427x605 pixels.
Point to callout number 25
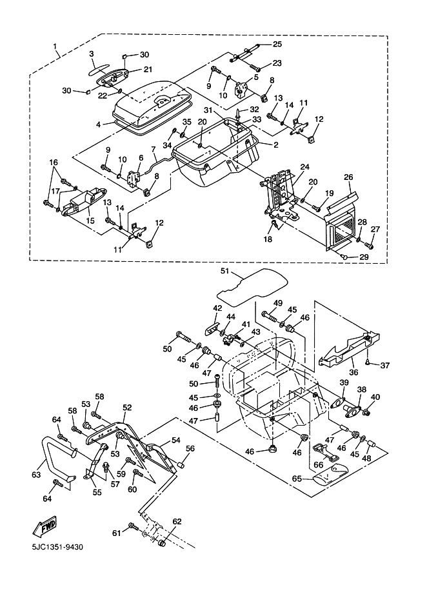277,45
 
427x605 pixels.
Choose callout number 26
348,177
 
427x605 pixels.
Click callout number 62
177,521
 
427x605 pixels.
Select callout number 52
127,408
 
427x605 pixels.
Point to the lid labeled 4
152,106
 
